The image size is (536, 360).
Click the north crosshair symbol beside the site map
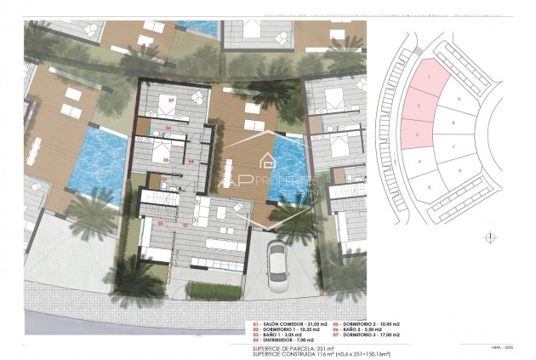(x=488, y=237)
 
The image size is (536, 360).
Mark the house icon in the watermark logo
(x=266, y=160)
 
